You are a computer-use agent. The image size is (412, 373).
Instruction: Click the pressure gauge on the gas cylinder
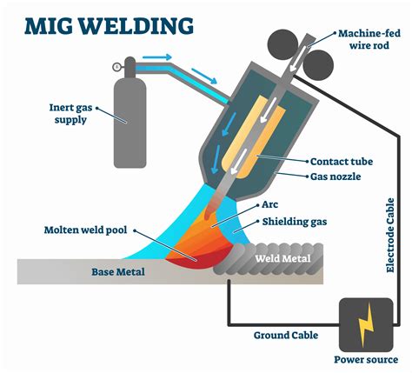click(116, 67)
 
